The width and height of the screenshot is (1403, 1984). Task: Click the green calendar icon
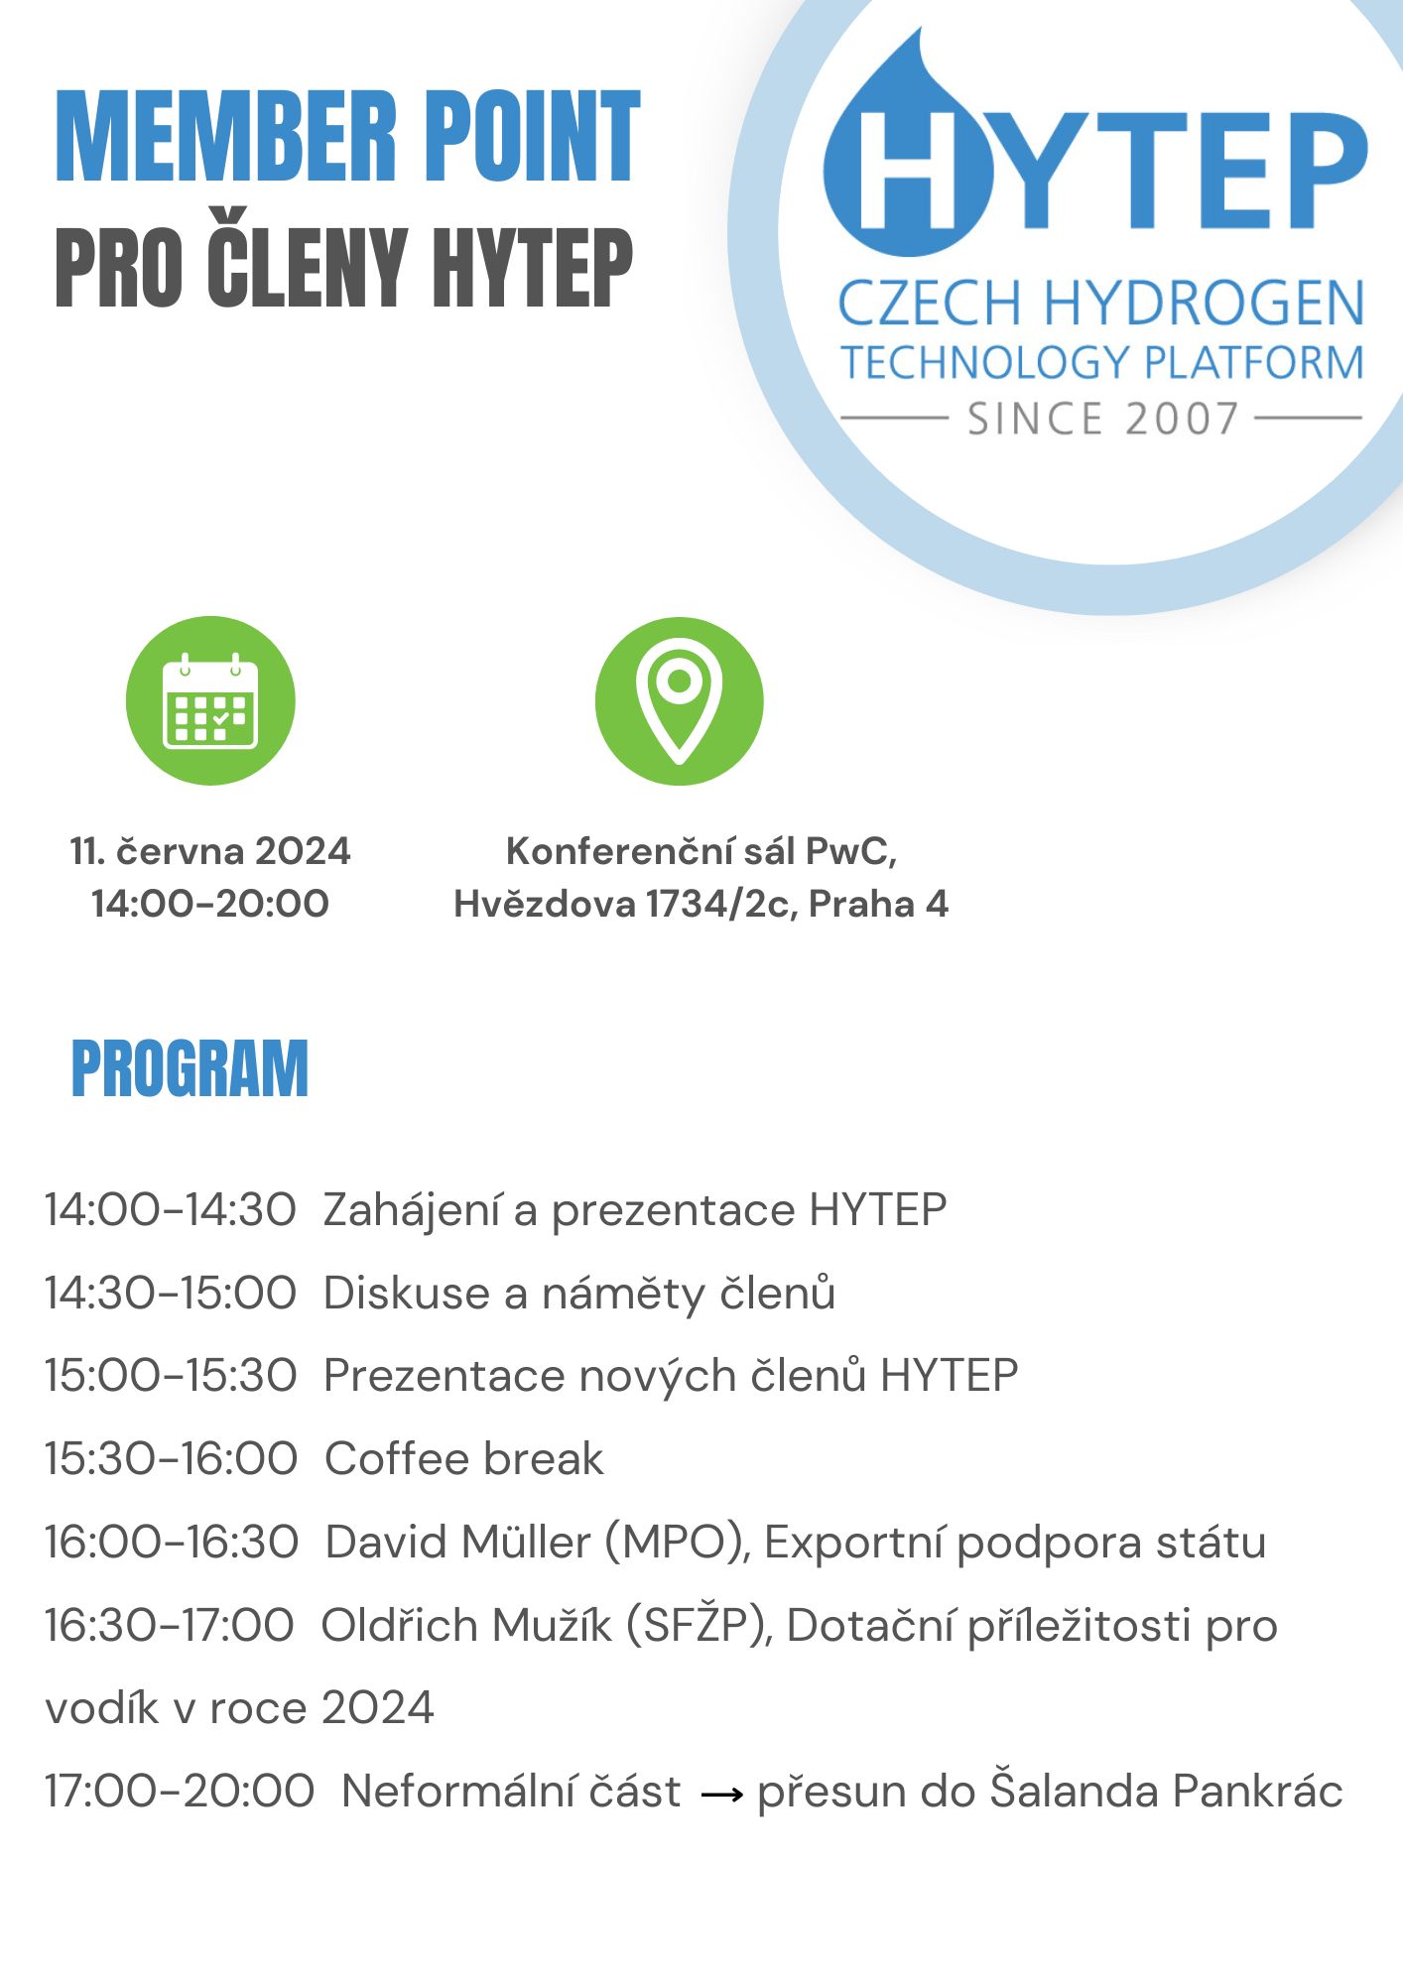210,700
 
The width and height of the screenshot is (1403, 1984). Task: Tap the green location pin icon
679,700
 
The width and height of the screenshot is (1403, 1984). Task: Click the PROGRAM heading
190,1068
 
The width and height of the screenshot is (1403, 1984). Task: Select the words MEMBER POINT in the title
347,137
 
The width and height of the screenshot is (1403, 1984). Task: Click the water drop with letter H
908,159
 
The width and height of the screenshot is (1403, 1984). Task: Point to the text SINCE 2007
1102,419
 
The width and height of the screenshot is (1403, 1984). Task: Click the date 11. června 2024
210,851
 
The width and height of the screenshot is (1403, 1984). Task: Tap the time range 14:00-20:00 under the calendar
210,904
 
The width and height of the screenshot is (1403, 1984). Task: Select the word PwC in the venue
850,851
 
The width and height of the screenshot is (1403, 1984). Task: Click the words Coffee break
464,1459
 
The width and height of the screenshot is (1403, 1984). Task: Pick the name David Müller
458,1543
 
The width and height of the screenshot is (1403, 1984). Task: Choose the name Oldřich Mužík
466,1626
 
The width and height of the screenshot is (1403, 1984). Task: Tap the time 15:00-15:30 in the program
171,1376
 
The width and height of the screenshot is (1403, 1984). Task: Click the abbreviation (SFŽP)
700,1626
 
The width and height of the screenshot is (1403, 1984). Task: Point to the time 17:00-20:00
180,1792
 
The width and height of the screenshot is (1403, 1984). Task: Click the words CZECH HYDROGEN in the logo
1101,304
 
